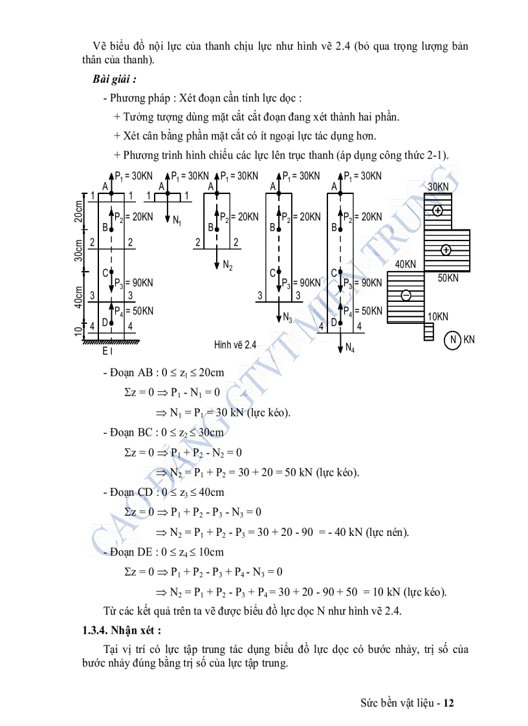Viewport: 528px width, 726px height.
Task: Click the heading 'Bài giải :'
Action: click(114, 79)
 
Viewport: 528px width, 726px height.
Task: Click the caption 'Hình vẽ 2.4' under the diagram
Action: click(236, 345)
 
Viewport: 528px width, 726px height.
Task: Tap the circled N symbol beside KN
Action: click(454, 339)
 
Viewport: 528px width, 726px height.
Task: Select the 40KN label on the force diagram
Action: click(406, 264)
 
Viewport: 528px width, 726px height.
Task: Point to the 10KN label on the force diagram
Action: click(437, 317)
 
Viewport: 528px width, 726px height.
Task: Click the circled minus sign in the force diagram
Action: click(406, 295)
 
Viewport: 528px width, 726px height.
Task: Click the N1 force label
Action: click(177, 220)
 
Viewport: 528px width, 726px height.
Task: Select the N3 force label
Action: click(287, 317)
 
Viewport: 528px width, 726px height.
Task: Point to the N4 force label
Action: click(349, 348)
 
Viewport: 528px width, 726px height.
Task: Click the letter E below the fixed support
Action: click(105, 351)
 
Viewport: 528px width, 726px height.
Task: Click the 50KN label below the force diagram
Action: click(448, 278)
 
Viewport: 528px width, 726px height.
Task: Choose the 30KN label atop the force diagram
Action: click(437, 187)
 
